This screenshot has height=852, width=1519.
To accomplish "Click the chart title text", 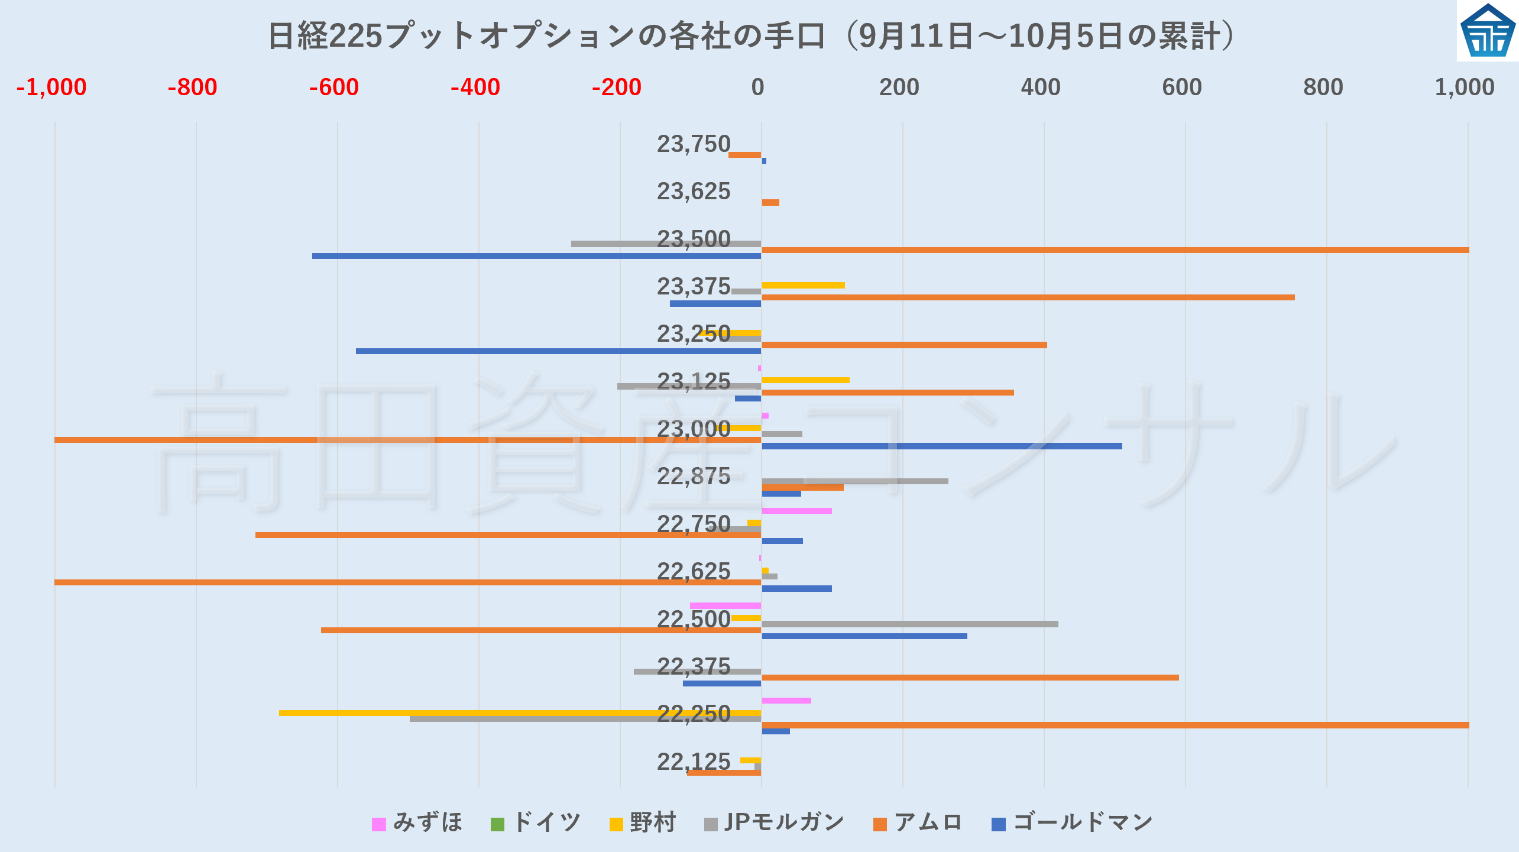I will click(751, 35).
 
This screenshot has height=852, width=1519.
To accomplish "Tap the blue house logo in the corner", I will click(1488, 31).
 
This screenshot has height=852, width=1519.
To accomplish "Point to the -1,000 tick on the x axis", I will click(51, 88).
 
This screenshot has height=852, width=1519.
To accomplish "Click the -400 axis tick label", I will click(475, 88).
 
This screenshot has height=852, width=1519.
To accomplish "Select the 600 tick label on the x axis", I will click(1182, 88).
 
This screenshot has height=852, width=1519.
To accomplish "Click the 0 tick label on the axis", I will click(757, 88).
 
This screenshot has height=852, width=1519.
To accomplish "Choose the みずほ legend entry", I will click(417, 822).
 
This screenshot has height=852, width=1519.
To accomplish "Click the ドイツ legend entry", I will click(536, 822).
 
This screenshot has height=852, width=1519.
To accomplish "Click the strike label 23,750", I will click(694, 144).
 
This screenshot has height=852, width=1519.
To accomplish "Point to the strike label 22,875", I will click(694, 477).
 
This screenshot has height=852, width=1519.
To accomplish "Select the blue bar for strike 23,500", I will click(536, 256).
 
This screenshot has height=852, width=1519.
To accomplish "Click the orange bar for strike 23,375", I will click(1028, 297).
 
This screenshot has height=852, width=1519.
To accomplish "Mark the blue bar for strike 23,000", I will click(941, 446).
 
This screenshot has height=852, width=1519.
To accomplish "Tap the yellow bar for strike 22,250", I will click(520, 713).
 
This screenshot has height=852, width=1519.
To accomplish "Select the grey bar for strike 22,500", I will click(909, 624).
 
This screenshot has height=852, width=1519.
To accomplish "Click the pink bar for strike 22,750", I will click(796, 511).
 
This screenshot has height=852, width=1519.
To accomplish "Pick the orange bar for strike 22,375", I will click(970, 678).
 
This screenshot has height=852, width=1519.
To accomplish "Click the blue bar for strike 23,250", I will click(558, 351).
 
